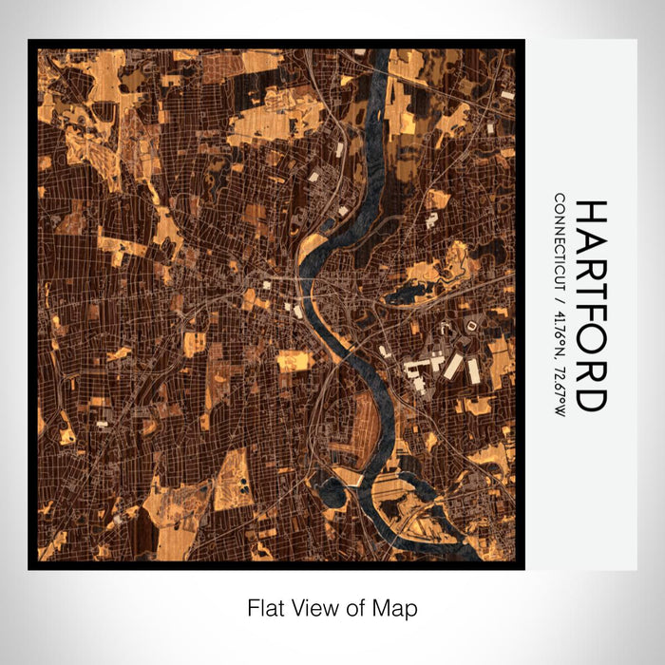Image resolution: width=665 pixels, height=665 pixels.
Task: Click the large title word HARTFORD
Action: click(x=590, y=305)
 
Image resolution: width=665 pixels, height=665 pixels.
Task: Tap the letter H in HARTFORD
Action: click(x=590, y=212)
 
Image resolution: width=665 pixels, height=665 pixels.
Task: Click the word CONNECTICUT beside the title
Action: click(x=560, y=241)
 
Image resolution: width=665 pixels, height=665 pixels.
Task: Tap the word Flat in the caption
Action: click(x=265, y=607)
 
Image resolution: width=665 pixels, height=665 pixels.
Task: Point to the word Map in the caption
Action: click(x=397, y=607)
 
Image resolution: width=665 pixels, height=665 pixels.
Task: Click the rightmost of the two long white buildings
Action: click(x=473, y=369)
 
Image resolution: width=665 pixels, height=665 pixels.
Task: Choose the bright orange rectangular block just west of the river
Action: click(x=293, y=360)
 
